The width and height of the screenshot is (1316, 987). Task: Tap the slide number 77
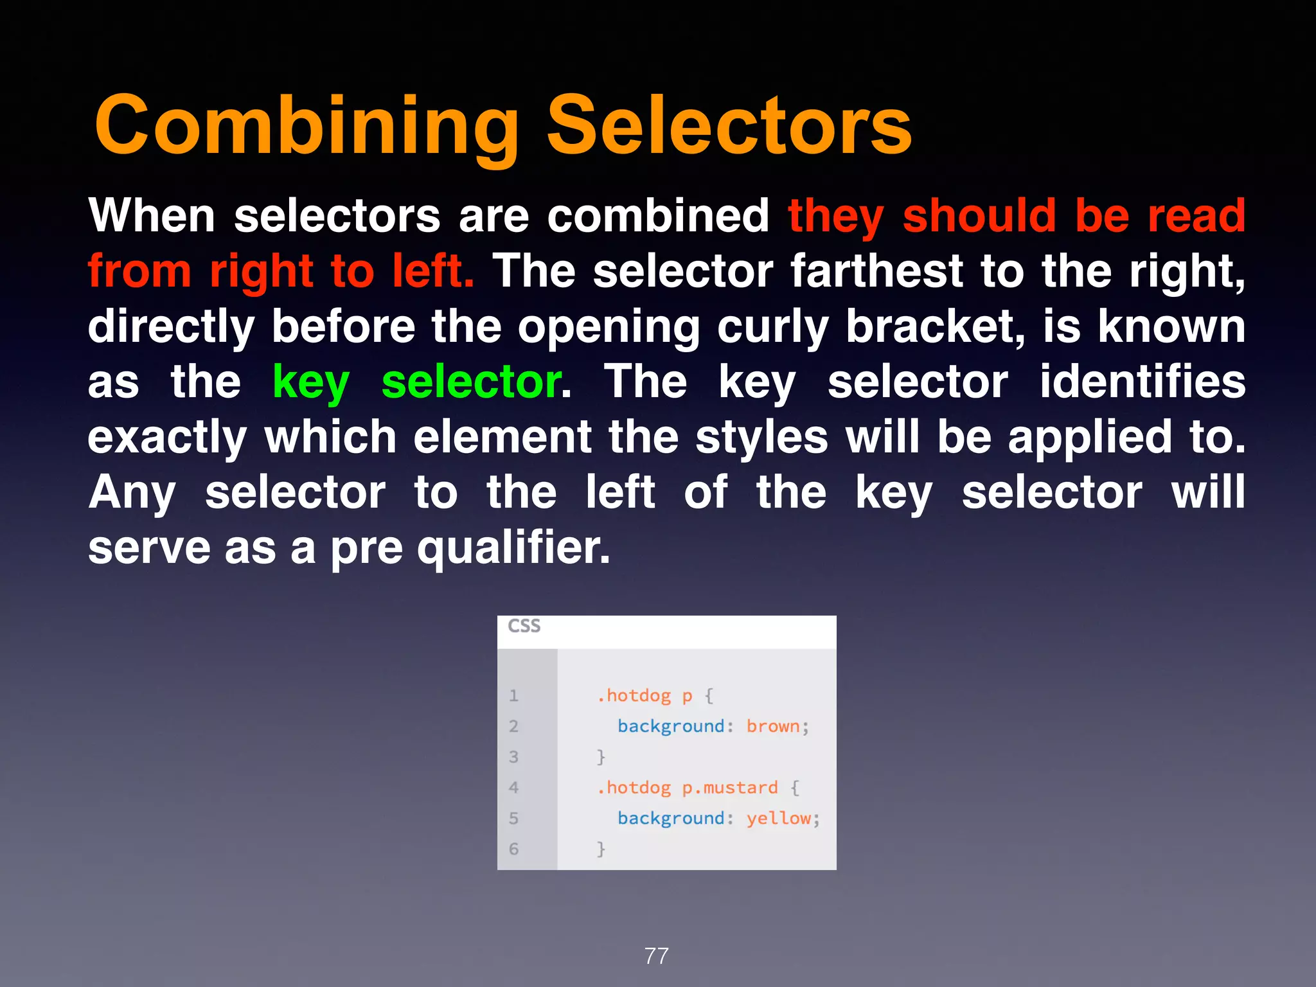click(x=657, y=956)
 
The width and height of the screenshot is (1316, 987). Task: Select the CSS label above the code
click(x=524, y=626)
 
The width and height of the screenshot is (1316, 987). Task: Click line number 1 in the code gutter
click(x=513, y=695)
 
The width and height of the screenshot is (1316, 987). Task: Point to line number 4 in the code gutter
click(x=513, y=787)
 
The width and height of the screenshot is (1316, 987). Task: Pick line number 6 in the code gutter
click(x=513, y=849)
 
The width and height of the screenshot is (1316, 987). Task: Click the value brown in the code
click(x=773, y=726)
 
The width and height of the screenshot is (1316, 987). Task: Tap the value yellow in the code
click(x=779, y=818)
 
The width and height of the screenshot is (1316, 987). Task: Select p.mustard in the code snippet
click(x=730, y=788)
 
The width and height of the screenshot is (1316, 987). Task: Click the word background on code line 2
click(x=671, y=726)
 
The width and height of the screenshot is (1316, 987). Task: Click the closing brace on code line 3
click(x=601, y=756)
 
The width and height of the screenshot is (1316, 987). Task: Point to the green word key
click(x=311, y=382)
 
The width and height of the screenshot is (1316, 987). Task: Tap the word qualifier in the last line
click(x=513, y=548)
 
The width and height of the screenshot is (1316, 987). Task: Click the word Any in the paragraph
click(x=132, y=493)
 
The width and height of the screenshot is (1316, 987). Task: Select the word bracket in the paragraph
click(x=935, y=326)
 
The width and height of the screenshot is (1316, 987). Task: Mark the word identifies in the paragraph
click(x=1143, y=382)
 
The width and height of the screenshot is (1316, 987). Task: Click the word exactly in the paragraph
click(x=167, y=438)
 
